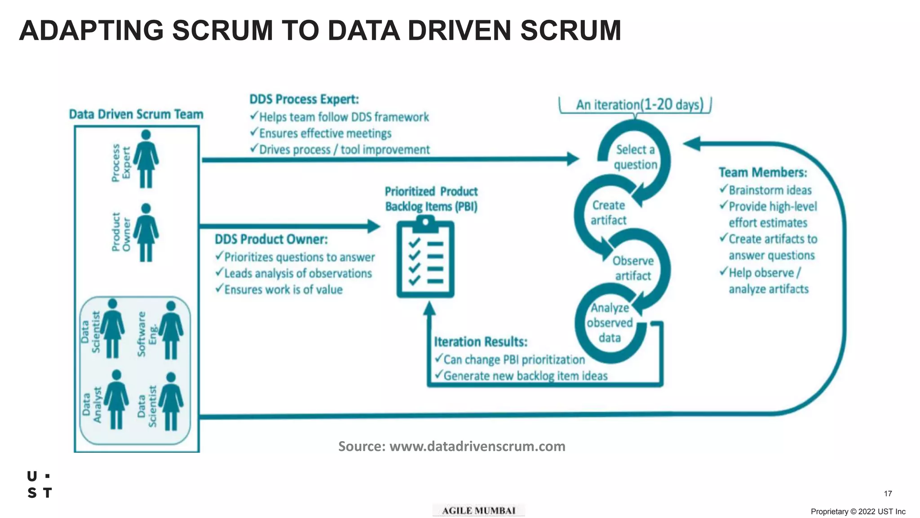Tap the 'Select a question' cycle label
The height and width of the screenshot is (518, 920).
[x=635, y=157]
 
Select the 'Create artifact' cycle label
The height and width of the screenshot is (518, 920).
[x=608, y=213]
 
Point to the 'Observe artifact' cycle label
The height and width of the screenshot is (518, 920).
[x=632, y=268]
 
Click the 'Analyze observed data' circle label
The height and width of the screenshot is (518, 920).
[x=610, y=323]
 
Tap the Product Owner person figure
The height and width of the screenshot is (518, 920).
[x=146, y=232]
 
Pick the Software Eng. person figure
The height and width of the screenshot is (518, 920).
[x=171, y=330]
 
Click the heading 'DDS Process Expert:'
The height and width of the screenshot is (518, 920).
[x=304, y=99]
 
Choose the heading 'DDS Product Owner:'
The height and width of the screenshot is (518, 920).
[x=271, y=239]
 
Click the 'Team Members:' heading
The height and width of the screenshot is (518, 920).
[x=762, y=173]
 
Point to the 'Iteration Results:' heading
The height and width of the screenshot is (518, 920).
[x=480, y=342]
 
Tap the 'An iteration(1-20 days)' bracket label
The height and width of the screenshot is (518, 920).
[x=639, y=105]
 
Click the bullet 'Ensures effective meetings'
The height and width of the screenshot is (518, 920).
[x=325, y=134]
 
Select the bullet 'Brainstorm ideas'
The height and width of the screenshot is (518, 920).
[x=770, y=190]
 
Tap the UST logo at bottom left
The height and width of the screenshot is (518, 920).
[x=40, y=485]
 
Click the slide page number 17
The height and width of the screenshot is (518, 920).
[x=888, y=494]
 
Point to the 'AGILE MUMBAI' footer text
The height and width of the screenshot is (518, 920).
[x=478, y=511]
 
